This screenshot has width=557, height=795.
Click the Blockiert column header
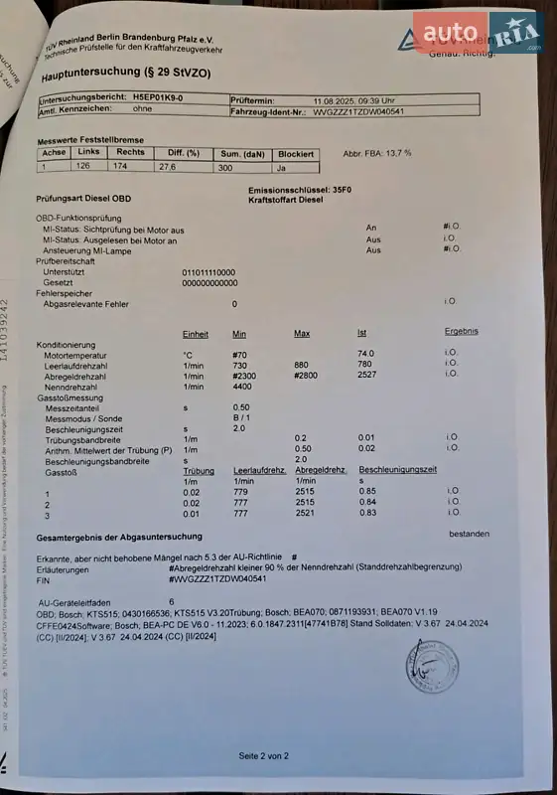(296, 154)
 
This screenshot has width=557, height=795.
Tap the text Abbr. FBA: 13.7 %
(376, 153)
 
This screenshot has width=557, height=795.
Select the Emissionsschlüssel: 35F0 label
(300, 188)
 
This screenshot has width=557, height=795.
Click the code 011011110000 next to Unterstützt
(209, 271)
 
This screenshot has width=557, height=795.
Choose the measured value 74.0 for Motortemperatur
(365, 353)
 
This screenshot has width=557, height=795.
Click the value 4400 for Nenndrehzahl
(241, 386)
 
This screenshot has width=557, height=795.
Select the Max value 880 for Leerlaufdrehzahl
(302, 364)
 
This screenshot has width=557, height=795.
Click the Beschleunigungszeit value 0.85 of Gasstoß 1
(367, 491)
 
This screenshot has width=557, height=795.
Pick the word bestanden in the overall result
(469, 534)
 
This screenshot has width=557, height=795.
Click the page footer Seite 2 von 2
(263, 756)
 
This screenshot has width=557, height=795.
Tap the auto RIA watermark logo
(483, 34)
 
